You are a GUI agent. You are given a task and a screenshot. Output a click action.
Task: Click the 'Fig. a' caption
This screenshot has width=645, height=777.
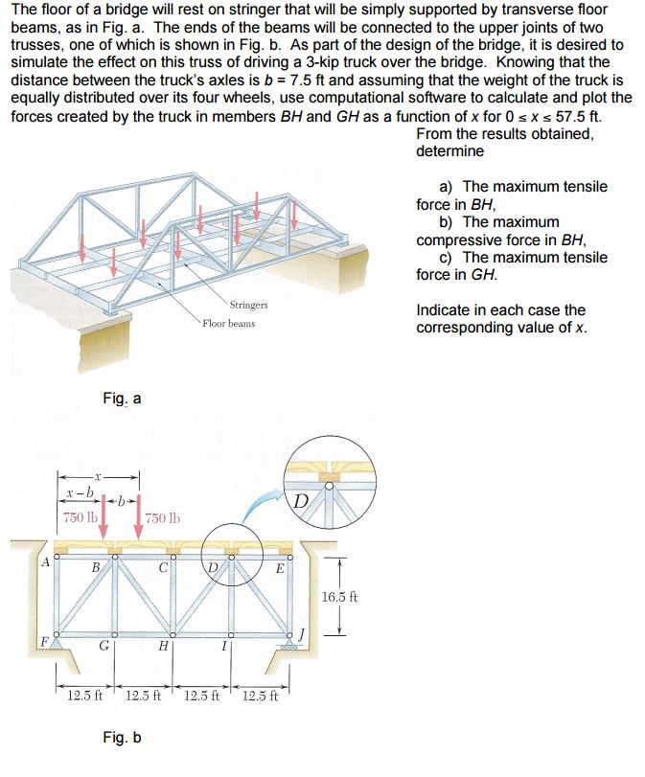122,398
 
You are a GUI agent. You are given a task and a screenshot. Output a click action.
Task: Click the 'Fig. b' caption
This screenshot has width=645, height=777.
122,738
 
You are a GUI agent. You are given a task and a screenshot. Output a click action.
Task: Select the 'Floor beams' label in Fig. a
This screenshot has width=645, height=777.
228,323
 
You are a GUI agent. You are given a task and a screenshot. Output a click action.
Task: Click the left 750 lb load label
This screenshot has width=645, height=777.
79,518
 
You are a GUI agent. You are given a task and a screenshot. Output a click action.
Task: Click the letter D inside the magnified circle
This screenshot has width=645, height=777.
300,500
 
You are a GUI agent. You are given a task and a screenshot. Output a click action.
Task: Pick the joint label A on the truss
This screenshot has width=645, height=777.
44,562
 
